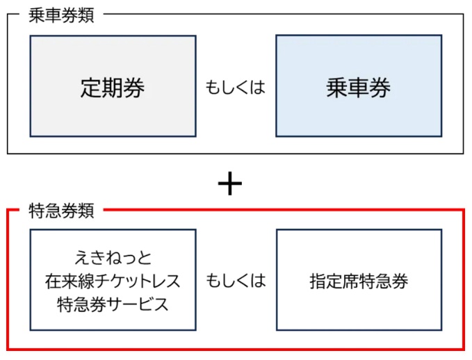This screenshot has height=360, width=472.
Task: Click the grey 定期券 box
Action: click(x=113, y=85)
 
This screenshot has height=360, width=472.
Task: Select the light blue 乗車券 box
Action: click(x=359, y=85)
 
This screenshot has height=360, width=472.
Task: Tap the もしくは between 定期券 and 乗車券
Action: click(x=236, y=88)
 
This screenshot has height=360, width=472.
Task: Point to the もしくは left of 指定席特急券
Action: click(x=236, y=281)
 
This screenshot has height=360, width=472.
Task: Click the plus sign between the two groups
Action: click(x=229, y=184)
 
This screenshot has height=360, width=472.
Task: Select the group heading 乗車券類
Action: click(x=61, y=16)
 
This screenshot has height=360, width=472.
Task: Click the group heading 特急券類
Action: click(x=61, y=208)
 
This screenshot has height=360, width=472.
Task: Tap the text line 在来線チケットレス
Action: click(x=113, y=281)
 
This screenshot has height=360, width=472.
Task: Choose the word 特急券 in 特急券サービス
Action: click(x=79, y=304)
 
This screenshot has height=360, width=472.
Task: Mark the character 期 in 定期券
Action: click(x=113, y=88)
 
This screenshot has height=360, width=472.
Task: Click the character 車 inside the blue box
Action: click(x=359, y=88)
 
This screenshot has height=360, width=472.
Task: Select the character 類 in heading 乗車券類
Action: click(x=86, y=16)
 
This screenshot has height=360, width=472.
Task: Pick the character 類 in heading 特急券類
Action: click(x=86, y=208)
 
